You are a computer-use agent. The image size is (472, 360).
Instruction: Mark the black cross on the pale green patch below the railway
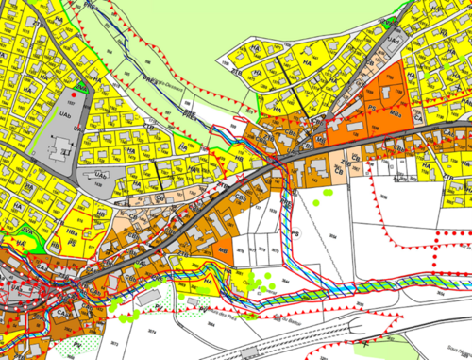tap(362, 336)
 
